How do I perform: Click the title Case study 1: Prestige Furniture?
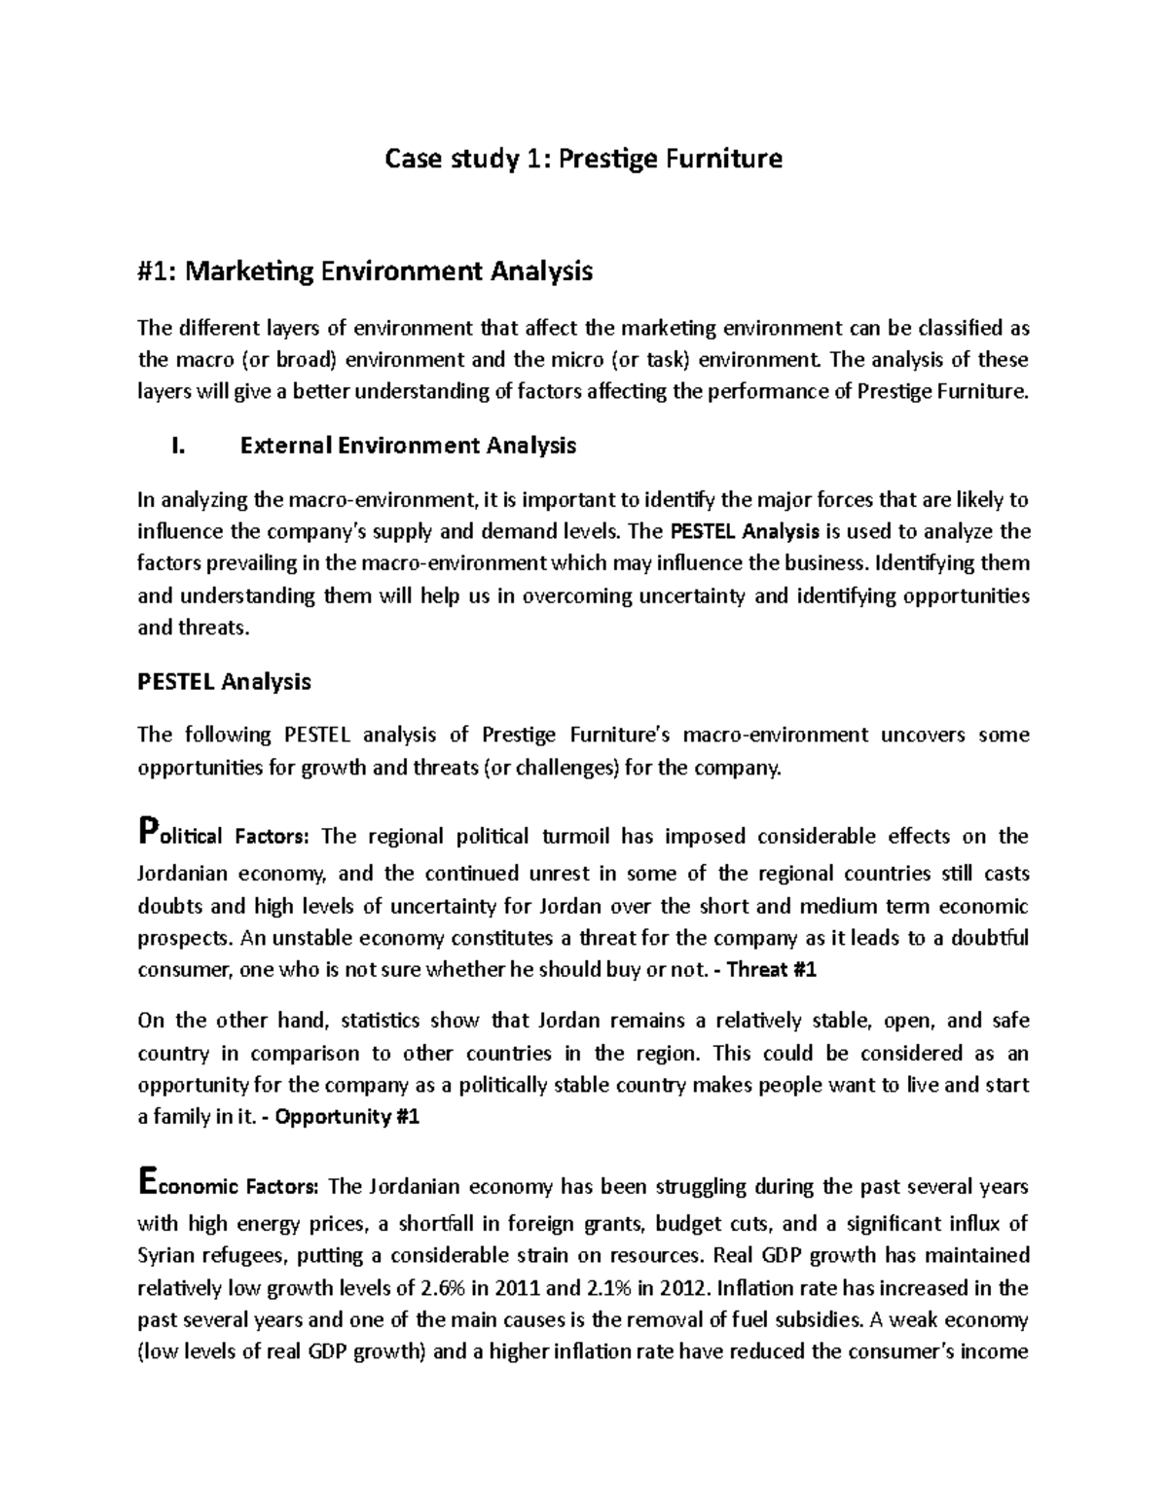point(584,158)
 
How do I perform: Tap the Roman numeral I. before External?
point(176,446)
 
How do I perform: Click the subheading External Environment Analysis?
point(408,446)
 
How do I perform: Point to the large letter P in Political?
point(147,832)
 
